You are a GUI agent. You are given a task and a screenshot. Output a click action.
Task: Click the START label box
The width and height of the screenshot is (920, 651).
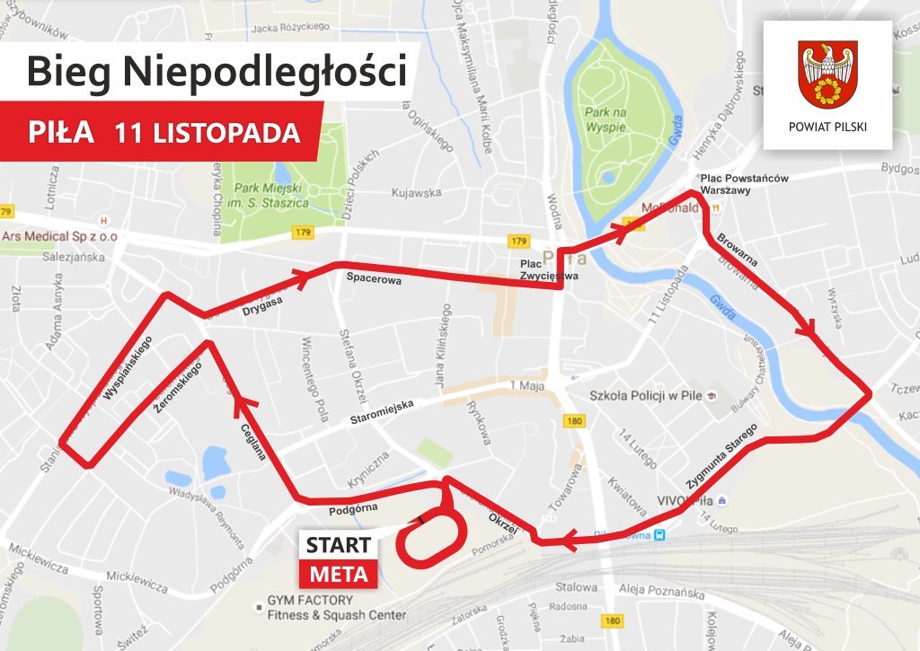338,545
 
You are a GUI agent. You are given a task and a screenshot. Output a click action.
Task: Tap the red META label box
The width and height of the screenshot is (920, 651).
338,574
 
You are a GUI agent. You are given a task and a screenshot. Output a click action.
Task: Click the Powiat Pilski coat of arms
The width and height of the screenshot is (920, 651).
827,75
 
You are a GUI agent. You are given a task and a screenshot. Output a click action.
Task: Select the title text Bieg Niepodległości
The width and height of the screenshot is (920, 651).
216,71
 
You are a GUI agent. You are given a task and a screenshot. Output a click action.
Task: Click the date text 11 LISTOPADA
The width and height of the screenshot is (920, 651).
207,132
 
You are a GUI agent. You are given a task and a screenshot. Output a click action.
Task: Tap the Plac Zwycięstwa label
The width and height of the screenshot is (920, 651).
549,270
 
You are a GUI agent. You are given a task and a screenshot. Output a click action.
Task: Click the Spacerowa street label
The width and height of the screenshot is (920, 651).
374,279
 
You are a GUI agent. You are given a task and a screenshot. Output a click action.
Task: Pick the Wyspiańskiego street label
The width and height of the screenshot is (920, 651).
127,368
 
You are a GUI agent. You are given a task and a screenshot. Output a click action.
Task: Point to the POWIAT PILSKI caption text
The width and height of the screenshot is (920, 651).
827,127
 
